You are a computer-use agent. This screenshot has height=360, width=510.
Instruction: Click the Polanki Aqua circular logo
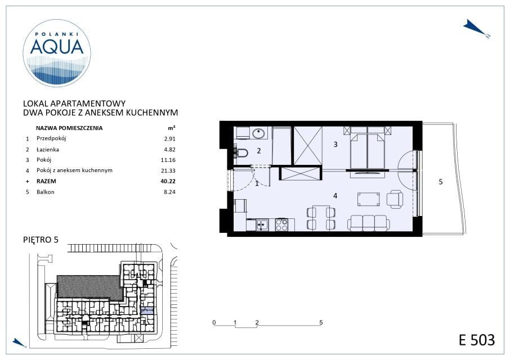point(57,53)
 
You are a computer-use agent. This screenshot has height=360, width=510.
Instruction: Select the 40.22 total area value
point(168,181)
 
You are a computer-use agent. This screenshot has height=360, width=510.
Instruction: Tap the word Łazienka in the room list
point(48,150)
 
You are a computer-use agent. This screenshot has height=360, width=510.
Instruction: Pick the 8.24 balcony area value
point(169,192)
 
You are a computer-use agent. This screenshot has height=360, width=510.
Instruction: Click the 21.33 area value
point(168,170)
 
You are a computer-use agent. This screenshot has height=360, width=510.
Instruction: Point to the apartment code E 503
point(477,340)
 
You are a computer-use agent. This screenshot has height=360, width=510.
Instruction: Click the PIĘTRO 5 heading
point(41,240)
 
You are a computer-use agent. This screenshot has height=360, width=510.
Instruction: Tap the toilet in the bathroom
point(241,152)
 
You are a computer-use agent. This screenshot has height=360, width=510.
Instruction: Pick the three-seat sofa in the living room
point(369,223)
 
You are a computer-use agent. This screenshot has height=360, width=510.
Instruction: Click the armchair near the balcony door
point(395,199)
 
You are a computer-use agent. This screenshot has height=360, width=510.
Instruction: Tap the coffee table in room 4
point(369,199)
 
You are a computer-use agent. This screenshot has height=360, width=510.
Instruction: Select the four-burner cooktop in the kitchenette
point(281,224)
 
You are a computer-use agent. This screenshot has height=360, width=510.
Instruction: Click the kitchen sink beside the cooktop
point(262,225)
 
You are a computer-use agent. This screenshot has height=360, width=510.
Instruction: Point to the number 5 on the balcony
point(441,182)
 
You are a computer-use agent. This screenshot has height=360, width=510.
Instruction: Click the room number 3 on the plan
point(335,144)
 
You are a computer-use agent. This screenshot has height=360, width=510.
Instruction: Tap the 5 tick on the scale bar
point(321,323)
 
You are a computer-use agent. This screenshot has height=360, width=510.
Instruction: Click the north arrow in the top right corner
point(476,29)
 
